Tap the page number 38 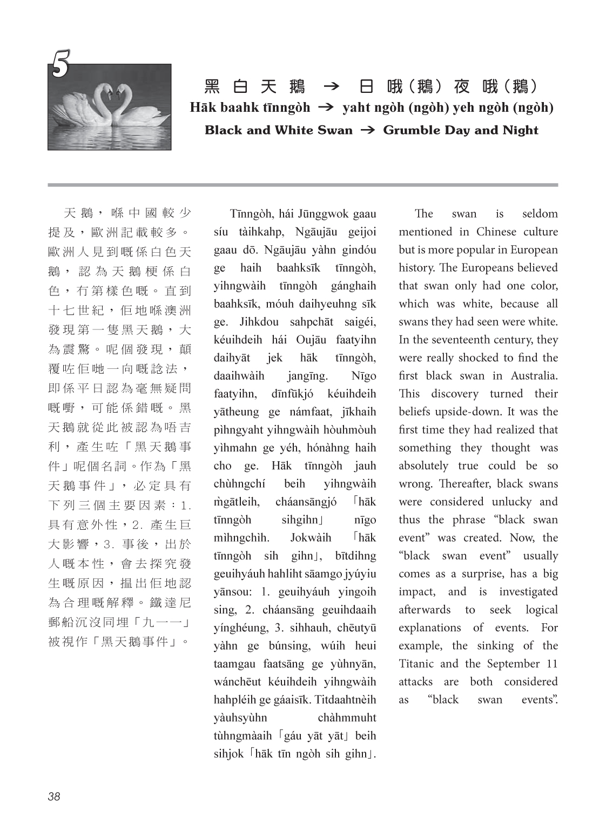click(x=54, y=796)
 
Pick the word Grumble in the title click(x=409, y=130)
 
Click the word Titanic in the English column click(x=416, y=664)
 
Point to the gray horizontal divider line click(x=302, y=185)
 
